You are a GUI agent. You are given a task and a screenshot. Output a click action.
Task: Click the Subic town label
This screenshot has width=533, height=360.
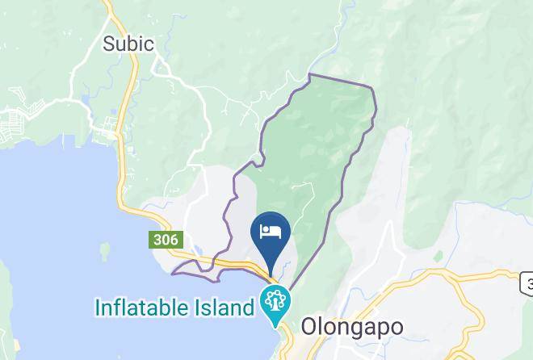128,44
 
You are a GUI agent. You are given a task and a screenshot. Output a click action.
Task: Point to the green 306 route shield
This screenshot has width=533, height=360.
166,240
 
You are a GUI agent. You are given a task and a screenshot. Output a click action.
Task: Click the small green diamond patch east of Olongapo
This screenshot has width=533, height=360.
438,257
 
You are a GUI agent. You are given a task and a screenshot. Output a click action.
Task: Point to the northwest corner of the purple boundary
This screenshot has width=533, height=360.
310,75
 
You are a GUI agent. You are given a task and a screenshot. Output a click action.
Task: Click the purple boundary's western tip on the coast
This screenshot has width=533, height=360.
173,274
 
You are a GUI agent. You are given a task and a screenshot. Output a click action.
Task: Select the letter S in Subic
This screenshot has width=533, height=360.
109,44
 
